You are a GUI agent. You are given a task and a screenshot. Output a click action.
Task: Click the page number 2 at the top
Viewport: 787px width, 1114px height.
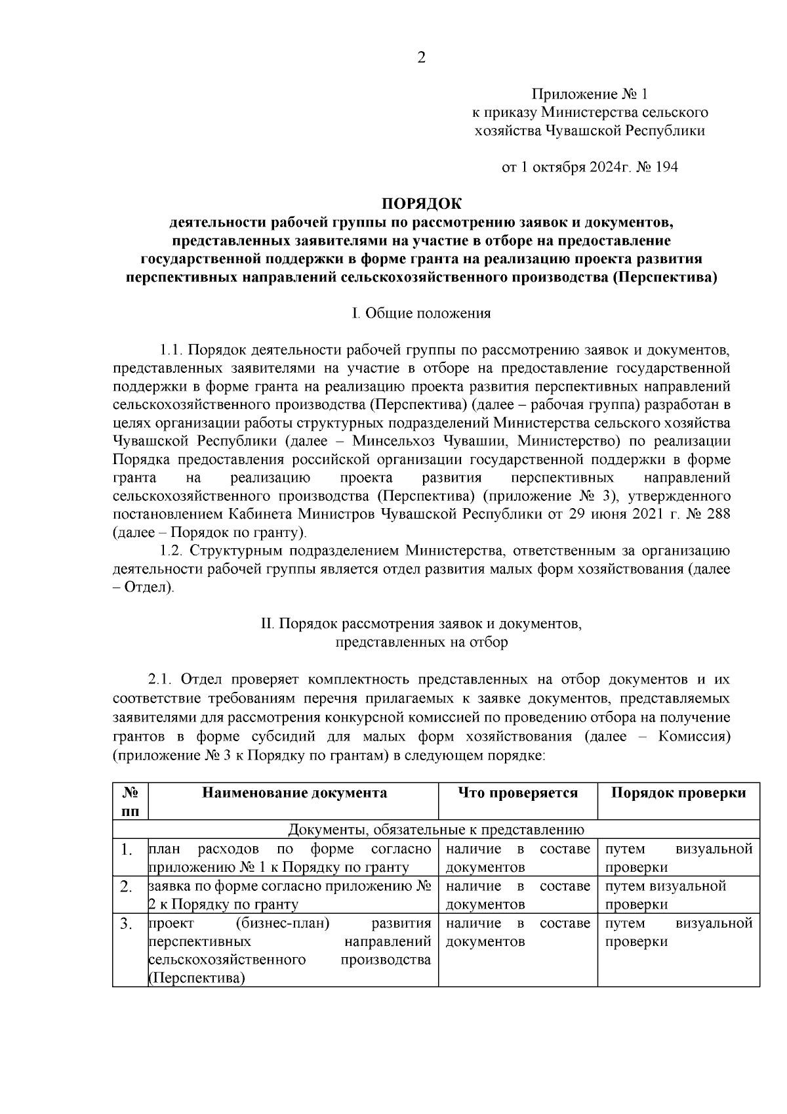pyautogui.click(x=421, y=58)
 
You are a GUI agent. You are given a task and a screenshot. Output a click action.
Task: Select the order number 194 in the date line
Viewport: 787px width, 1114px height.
pyautogui.click(x=666, y=167)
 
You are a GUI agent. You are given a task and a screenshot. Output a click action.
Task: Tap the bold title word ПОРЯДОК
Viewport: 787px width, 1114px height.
pyautogui.click(x=422, y=204)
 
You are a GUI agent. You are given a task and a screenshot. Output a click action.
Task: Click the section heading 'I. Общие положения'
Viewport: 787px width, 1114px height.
pyautogui.click(x=422, y=313)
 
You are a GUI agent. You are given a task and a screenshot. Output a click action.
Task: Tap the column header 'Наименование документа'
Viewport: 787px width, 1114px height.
pyautogui.click(x=294, y=793)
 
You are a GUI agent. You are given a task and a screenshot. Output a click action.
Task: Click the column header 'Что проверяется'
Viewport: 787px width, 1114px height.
pyautogui.click(x=517, y=793)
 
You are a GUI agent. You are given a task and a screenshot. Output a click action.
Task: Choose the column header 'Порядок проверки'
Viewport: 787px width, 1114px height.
pyautogui.click(x=679, y=793)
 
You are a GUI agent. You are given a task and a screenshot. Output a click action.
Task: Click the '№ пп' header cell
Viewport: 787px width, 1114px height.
pyautogui.click(x=131, y=802)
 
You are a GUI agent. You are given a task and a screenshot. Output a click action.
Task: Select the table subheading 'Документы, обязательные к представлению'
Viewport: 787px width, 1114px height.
pyautogui.click(x=436, y=830)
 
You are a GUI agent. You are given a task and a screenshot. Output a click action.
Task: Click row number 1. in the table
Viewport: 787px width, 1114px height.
pyautogui.click(x=128, y=850)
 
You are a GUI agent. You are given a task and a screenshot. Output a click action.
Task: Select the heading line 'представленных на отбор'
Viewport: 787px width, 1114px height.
pyautogui.click(x=422, y=642)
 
